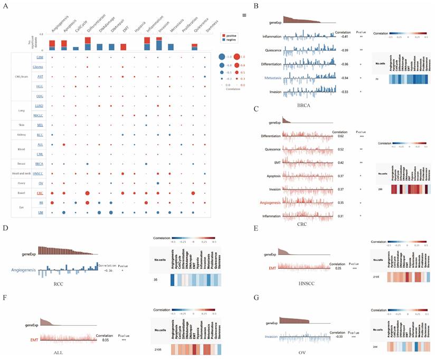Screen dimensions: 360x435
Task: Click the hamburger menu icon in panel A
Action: pos(244,15)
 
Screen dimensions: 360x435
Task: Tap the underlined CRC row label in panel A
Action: pos(40,193)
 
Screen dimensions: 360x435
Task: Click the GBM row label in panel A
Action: pos(40,56)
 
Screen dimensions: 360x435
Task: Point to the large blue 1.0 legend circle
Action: pos(223,56)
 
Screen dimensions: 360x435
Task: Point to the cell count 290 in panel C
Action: pos(377,188)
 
